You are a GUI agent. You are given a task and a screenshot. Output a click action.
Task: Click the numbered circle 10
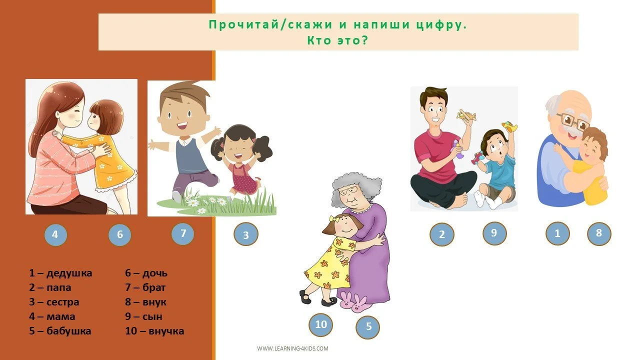[x=321, y=324]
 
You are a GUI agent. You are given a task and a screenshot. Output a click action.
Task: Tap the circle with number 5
[x=368, y=327]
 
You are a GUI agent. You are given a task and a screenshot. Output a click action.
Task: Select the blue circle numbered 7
[x=183, y=233]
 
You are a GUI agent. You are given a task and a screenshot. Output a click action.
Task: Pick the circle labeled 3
[x=246, y=234]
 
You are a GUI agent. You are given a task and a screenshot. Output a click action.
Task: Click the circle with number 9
[x=494, y=233]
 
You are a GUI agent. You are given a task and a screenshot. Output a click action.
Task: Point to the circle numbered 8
[x=598, y=233]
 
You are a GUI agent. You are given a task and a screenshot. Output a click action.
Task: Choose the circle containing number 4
[x=55, y=234]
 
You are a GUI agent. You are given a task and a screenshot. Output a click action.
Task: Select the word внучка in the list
[x=162, y=331]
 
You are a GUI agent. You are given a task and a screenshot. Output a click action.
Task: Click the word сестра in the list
[x=62, y=302]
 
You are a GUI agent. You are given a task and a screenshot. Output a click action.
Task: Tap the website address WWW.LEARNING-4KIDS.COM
[x=293, y=348]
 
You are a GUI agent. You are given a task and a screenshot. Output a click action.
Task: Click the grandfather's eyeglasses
[x=573, y=120]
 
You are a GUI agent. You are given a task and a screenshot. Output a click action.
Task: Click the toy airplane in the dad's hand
[x=466, y=115]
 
